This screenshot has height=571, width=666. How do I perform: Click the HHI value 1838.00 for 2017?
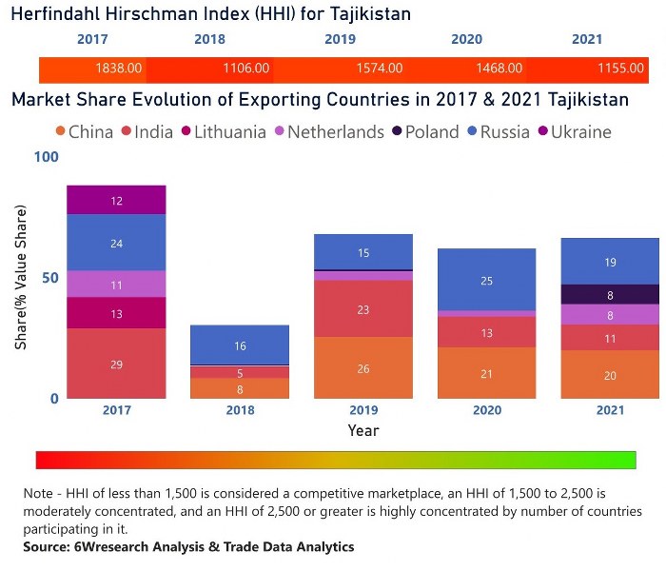tap(119, 69)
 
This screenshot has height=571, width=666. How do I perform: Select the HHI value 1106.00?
tap(246, 69)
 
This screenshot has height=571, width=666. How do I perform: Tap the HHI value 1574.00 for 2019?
tap(379, 69)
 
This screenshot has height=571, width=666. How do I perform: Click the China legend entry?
tap(84, 132)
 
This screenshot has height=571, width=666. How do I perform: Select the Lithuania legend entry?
tap(221, 132)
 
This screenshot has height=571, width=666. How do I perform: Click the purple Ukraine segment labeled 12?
tap(116, 201)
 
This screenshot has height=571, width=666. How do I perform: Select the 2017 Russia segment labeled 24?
tap(116, 243)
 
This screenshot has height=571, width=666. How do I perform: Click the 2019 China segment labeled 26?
tap(363, 368)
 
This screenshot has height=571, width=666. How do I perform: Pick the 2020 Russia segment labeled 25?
tap(486, 281)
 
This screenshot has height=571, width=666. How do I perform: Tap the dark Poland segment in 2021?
tap(610, 295)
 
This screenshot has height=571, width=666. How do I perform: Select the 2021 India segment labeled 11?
tap(610, 338)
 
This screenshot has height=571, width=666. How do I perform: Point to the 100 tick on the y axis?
tap(46, 155)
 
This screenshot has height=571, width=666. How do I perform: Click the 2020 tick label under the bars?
tap(486, 410)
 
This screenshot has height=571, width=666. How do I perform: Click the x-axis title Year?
tap(362, 430)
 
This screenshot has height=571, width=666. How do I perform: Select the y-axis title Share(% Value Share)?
tap(20, 277)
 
